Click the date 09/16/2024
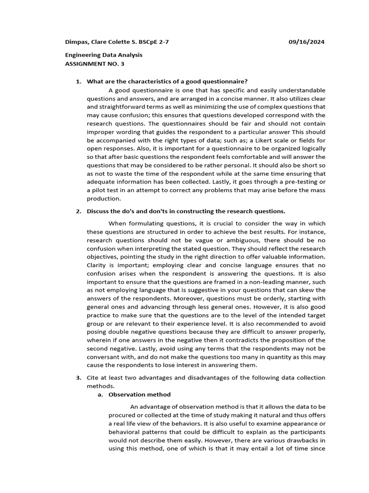pyautogui.click(x=306, y=42)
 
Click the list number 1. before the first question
pyautogui.click(x=78, y=81)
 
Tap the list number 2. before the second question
pyautogui.click(x=78, y=211)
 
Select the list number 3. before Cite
pyautogui.click(x=78, y=377)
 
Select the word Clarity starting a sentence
pyautogui.click(x=98, y=265)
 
